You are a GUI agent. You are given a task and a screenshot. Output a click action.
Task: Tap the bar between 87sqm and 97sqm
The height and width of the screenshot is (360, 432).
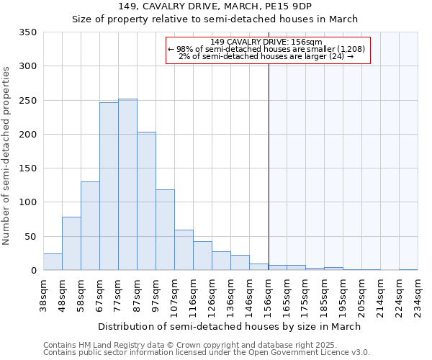(x=146, y=201)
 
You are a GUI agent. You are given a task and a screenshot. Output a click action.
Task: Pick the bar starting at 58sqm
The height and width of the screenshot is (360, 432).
(x=90, y=226)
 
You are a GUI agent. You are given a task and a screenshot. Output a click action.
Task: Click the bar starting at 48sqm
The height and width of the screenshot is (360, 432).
(x=71, y=243)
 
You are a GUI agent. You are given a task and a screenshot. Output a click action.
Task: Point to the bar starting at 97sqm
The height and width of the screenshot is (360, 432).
(x=165, y=230)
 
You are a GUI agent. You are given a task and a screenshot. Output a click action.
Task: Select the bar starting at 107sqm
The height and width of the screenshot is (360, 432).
(x=184, y=250)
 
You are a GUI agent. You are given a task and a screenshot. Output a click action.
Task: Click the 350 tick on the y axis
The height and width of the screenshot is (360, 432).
(x=28, y=32)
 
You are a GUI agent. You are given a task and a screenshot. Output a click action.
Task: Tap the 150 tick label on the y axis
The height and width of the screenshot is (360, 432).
(x=28, y=168)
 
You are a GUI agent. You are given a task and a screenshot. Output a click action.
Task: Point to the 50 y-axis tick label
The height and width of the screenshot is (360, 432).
(x=31, y=236)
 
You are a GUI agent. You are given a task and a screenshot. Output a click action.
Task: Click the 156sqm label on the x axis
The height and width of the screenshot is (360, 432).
(x=269, y=296)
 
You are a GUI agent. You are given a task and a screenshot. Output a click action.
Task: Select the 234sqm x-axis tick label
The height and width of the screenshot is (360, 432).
(x=418, y=296)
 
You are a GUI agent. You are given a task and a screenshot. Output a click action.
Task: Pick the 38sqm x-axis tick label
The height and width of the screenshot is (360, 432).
(x=44, y=296)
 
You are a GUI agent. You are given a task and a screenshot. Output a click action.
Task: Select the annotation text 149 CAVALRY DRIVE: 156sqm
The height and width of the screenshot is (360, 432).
(x=267, y=42)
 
